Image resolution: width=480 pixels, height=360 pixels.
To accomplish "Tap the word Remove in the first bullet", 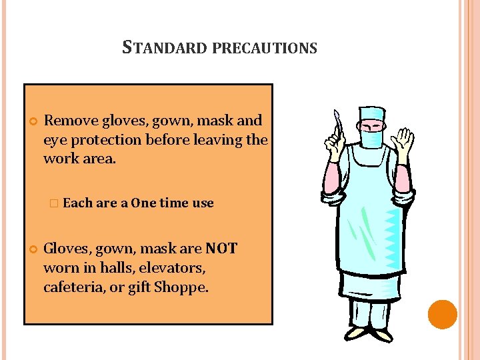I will [69, 121].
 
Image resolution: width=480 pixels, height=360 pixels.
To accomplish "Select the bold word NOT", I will [221, 249].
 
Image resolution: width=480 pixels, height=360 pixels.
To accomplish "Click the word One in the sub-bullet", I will [143, 203].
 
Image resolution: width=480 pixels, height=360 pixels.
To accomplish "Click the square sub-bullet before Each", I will [54, 203].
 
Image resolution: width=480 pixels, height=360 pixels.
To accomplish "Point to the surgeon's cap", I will [371, 113].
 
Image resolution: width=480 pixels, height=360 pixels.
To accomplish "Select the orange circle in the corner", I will [442, 314].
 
